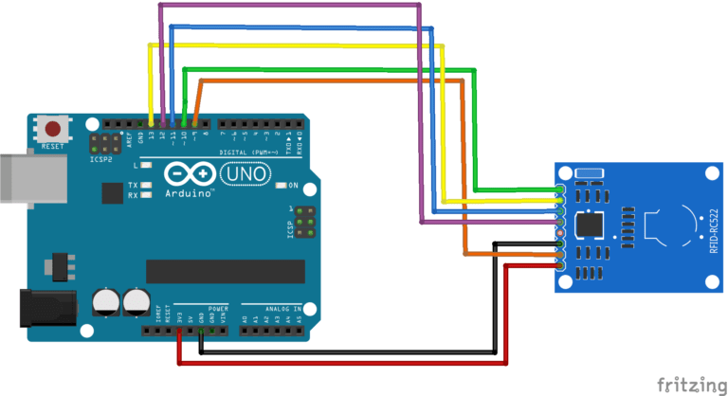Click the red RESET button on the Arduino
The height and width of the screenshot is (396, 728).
53,128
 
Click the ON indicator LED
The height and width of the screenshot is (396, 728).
281,185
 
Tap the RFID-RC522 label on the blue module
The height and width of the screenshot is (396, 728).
712,227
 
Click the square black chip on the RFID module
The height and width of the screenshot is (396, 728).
591,225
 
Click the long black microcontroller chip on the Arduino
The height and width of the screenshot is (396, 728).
226,270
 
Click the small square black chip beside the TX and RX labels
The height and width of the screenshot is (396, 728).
113,192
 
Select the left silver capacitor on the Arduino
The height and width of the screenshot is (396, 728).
105,303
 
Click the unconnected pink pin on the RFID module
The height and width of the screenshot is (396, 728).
560,232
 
